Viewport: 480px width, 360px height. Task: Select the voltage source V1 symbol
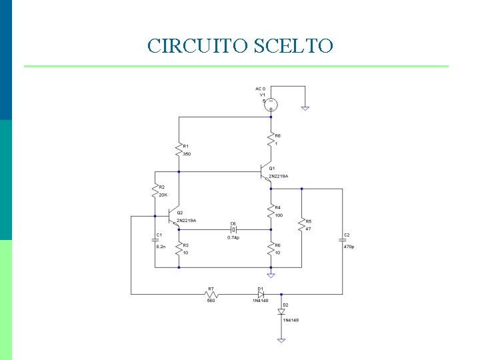[x=271, y=103]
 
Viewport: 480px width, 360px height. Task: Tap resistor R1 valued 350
[x=179, y=150]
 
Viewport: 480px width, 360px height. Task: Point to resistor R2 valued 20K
[x=155, y=191]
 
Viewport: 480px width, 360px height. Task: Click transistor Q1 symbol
[x=267, y=171]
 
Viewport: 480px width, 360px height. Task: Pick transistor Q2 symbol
[x=174, y=218]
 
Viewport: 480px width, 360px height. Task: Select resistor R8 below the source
[x=271, y=139]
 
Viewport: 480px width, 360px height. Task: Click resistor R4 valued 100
[x=271, y=211]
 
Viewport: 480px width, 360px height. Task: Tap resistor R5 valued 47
[x=301, y=224]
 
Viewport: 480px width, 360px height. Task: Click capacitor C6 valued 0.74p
[x=233, y=229]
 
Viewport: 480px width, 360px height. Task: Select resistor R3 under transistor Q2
[x=179, y=249]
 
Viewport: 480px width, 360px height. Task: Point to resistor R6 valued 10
[x=271, y=249]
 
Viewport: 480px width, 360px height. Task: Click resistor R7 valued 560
[x=211, y=293]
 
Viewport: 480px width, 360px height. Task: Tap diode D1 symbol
[x=261, y=293]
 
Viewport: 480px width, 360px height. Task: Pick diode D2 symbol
[x=281, y=311]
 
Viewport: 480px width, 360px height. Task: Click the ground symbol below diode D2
[x=281, y=340]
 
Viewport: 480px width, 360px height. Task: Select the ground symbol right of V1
[x=305, y=107]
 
